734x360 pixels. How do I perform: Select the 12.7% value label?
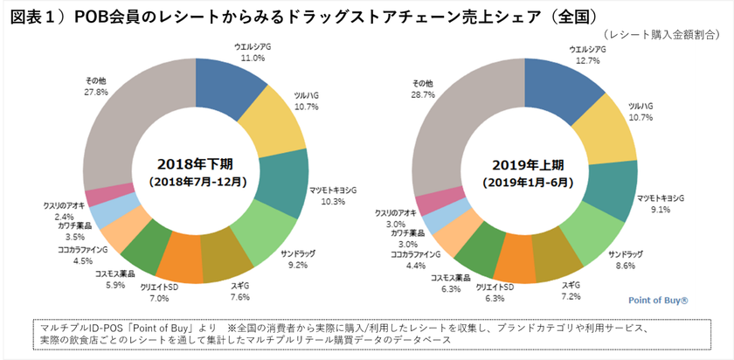tap(587, 61)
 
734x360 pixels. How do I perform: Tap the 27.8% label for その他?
tap(96, 91)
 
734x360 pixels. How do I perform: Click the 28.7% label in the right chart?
tap(423, 93)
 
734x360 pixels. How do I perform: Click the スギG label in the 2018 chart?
tap(239, 285)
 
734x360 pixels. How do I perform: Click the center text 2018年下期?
tap(196, 163)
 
